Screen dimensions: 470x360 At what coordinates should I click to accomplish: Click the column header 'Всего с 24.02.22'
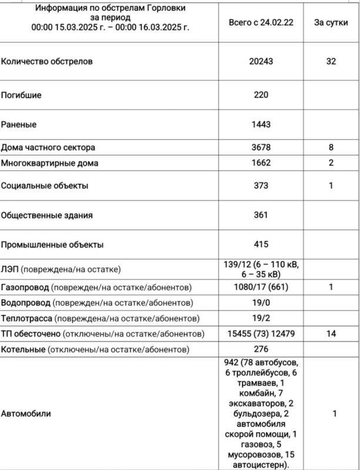(261, 22)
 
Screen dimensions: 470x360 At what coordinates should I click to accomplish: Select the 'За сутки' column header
(331, 22)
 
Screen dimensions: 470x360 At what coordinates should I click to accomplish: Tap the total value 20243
(261, 61)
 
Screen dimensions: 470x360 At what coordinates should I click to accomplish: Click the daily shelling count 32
(331, 61)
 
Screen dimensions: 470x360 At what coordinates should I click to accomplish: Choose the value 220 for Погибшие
(261, 95)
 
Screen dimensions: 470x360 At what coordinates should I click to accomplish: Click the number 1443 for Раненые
(261, 125)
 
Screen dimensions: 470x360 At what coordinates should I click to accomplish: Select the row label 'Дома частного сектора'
(48, 147)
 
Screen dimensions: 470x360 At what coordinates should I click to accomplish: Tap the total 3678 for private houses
(261, 147)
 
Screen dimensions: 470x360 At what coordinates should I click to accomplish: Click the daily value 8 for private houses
(331, 147)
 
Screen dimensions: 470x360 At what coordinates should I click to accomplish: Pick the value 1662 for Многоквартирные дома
(261, 163)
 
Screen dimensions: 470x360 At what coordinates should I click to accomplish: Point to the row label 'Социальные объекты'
(45, 186)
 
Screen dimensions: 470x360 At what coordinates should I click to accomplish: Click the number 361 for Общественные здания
(261, 215)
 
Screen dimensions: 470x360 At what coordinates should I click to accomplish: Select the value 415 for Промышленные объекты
(261, 244)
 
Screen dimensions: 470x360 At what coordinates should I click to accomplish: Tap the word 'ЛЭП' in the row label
(10, 270)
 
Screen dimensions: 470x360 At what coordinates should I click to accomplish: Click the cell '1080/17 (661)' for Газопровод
(261, 287)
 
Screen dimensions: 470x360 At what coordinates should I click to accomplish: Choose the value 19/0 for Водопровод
(261, 303)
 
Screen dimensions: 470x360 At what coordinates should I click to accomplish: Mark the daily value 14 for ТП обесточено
(331, 334)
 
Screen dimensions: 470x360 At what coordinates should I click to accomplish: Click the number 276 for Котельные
(261, 349)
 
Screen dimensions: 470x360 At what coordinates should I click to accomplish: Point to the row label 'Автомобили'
(26, 414)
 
